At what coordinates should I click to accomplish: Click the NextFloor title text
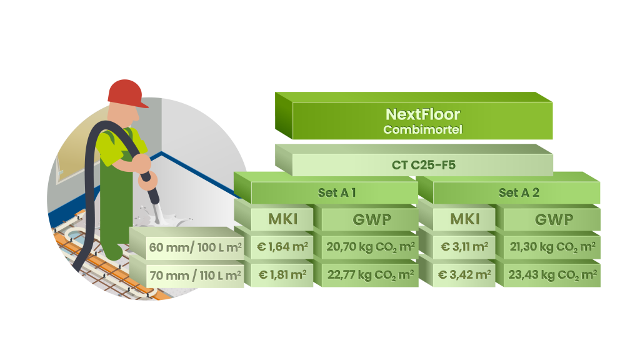422,115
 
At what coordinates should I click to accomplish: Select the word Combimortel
422,130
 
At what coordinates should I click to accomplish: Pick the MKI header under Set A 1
282,219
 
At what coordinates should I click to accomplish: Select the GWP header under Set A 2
554,219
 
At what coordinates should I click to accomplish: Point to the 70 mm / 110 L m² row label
195,274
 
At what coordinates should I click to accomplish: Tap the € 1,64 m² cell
282,247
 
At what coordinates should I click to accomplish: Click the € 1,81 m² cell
282,274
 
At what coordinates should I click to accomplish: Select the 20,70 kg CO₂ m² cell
370,247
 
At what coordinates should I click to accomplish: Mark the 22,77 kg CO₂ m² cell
370,274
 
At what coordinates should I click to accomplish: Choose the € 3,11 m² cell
464,247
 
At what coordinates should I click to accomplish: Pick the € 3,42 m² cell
464,274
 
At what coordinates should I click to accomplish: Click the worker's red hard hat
126,92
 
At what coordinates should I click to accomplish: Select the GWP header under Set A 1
371,219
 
